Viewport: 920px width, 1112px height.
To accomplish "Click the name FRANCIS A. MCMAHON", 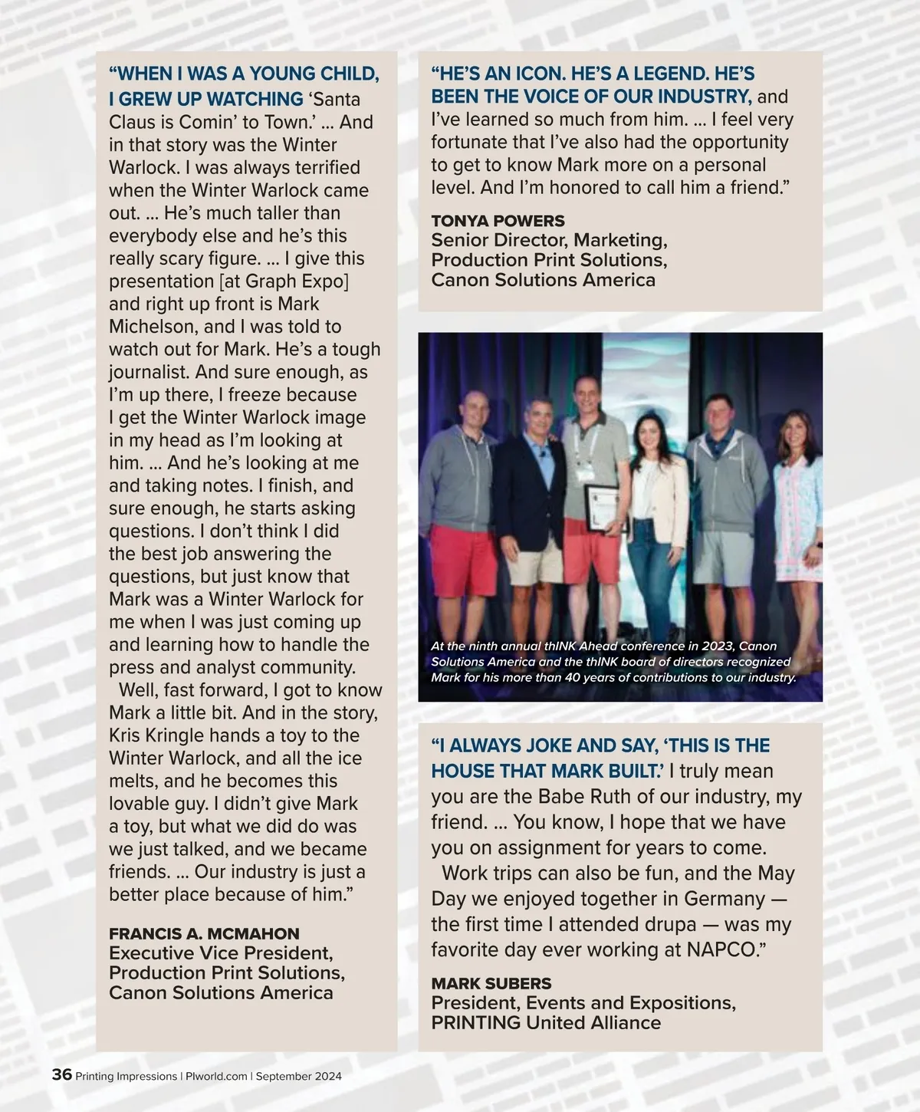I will point(204,933).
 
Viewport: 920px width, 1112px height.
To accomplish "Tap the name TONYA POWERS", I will point(498,221).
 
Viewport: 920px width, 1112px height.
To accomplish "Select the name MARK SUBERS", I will point(491,983).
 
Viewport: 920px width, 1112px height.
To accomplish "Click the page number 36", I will point(61,1074).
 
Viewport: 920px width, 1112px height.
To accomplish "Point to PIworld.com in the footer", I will point(216,1076).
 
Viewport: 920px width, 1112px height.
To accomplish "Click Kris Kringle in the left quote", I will point(156,735).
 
